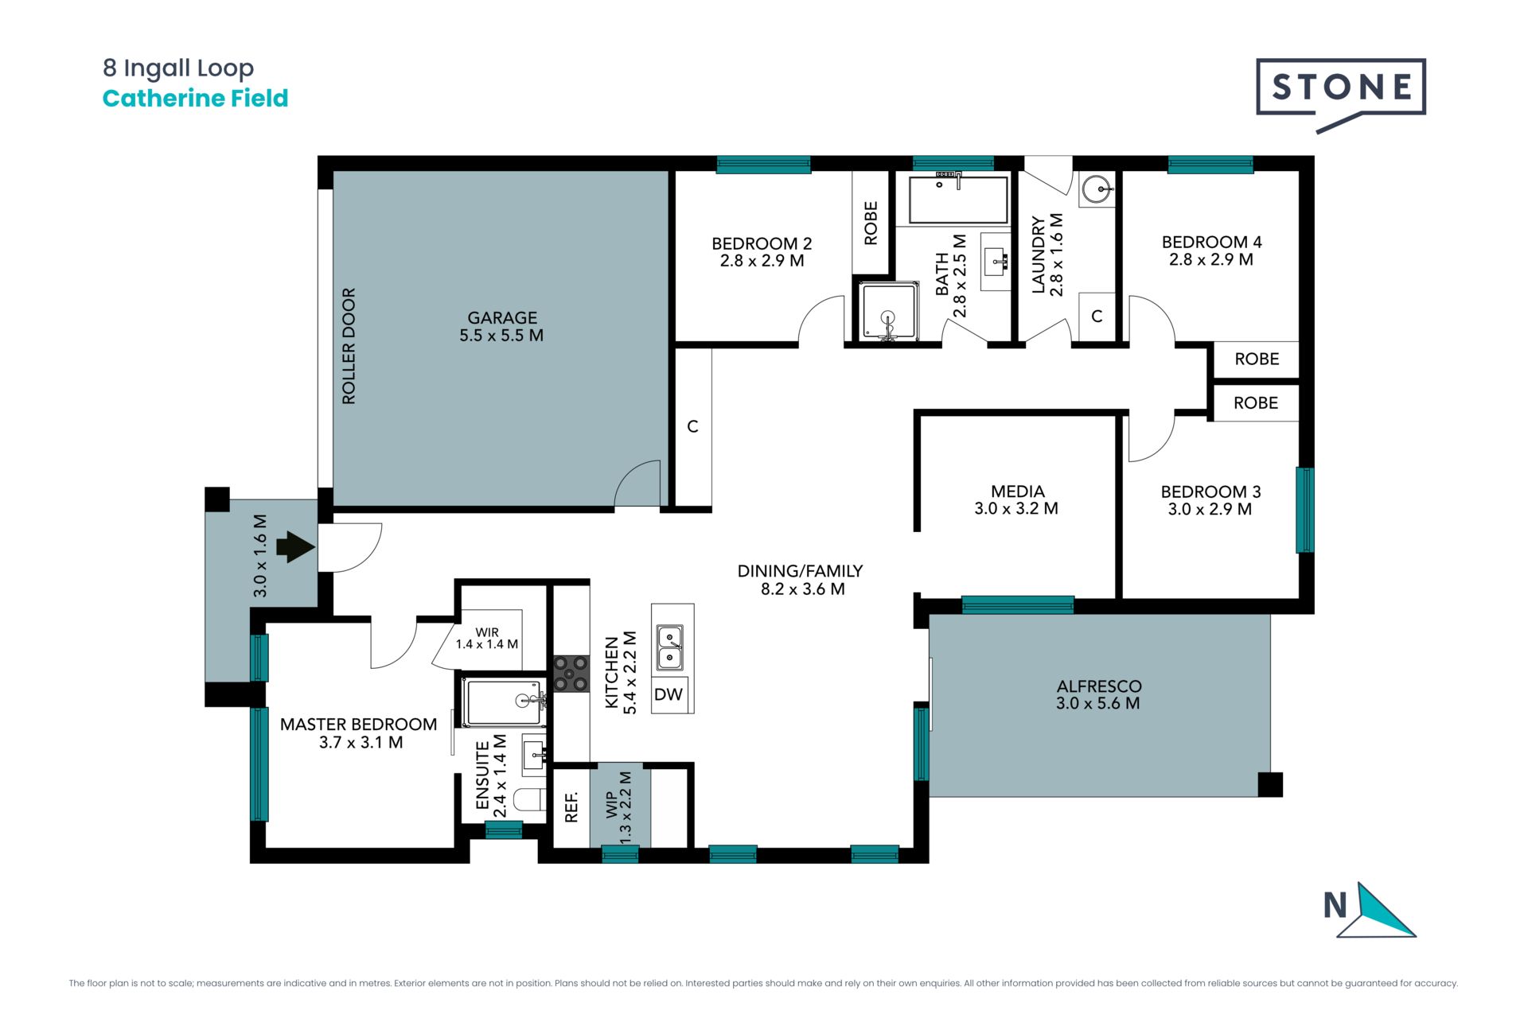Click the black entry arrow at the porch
click(296, 547)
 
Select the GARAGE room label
click(502, 317)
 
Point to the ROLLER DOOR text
click(349, 346)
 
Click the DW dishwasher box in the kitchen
click(668, 694)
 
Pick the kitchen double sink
click(670, 647)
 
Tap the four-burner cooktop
click(571, 673)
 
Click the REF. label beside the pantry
click(571, 806)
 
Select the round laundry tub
click(1098, 189)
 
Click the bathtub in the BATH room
click(958, 199)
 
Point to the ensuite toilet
click(528, 799)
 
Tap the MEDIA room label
click(1017, 492)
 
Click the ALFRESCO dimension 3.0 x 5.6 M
click(1098, 703)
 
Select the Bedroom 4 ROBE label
click(1257, 359)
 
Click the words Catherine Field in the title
click(195, 99)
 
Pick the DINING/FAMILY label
click(800, 571)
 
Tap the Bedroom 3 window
click(1304, 510)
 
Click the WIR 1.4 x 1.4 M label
click(487, 639)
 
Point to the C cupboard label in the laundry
click(1097, 317)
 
